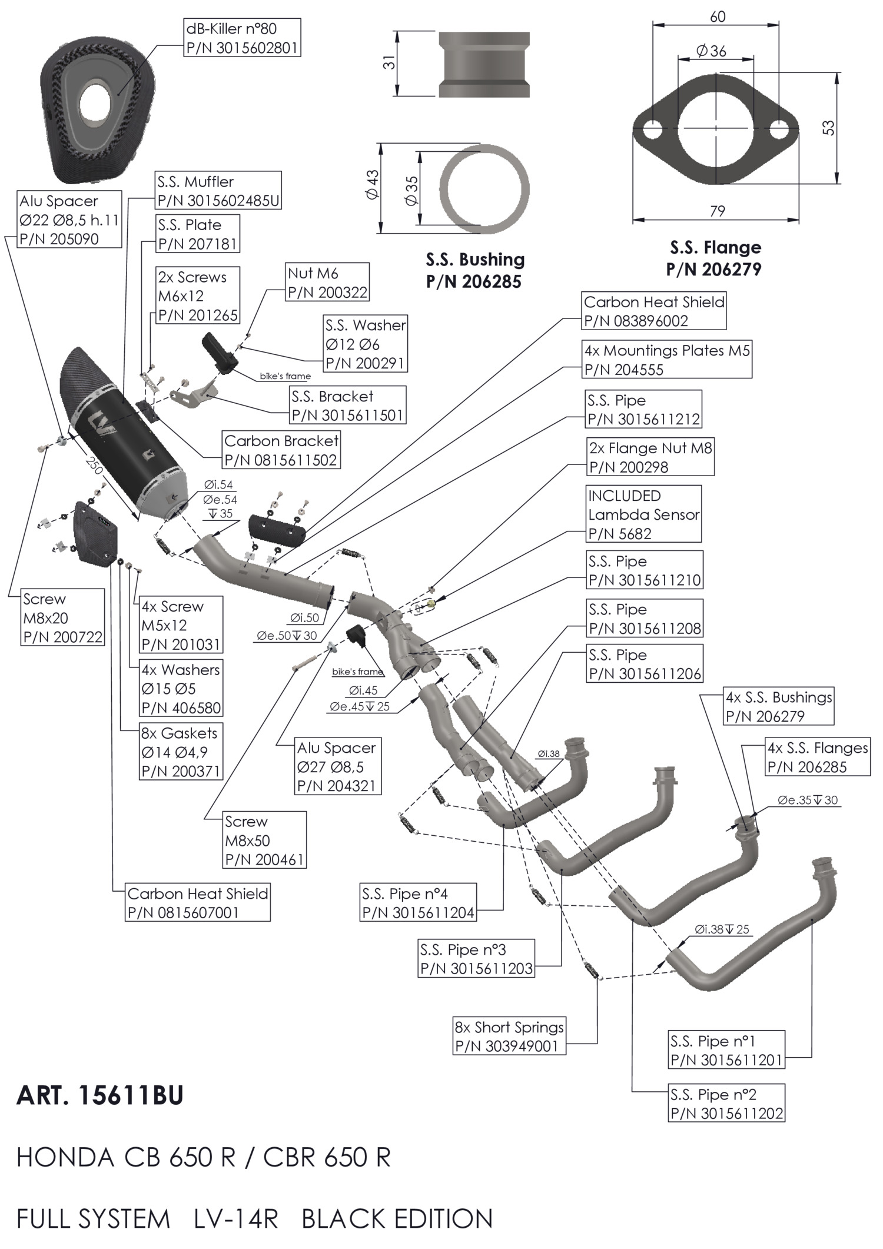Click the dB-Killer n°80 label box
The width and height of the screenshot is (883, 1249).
pyautogui.click(x=242, y=38)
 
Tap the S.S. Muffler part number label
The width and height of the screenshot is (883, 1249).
pyautogui.click(x=218, y=191)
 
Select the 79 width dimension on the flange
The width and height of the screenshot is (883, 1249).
pyautogui.click(x=717, y=211)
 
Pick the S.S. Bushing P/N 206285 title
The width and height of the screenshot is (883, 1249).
pyautogui.click(x=474, y=270)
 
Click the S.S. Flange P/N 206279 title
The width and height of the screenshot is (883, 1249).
pyautogui.click(x=715, y=258)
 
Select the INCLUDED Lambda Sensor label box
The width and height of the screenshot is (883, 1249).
pyautogui.click(x=643, y=514)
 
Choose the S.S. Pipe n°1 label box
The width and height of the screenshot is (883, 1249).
pyautogui.click(x=726, y=1050)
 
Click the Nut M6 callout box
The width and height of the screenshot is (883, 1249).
pyautogui.click(x=327, y=283)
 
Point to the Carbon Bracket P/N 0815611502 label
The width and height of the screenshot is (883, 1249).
pyautogui.click(x=281, y=450)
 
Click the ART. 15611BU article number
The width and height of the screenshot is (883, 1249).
pyautogui.click(x=100, y=1095)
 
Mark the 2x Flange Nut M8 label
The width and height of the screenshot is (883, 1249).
pyautogui.click(x=650, y=457)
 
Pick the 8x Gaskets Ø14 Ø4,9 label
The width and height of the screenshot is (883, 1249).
pyautogui.click(x=181, y=752)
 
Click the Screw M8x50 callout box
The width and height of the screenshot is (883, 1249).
pyautogui.click(x=264, y=840)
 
